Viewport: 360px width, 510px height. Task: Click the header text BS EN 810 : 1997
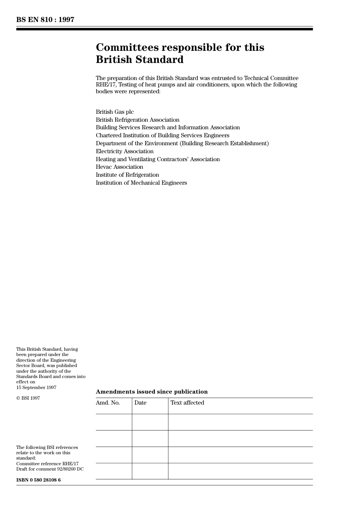[45, 20]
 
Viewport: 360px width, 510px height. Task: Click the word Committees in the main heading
[127, 47]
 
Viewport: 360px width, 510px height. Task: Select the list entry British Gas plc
[114, 112]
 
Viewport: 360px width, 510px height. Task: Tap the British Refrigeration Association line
[138, 120]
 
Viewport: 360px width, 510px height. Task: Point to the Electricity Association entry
[125, 151]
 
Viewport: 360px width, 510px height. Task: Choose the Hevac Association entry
[119, 167]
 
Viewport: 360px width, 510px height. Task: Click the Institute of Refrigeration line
[127, 175]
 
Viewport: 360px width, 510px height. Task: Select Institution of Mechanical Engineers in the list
[141, 183]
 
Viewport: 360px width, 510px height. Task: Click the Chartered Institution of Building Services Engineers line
[163, 135]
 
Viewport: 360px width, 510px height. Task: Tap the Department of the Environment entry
[182, 143]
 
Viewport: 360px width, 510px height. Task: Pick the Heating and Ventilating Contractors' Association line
[158, 159]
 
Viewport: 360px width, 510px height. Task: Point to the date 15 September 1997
[36, 388]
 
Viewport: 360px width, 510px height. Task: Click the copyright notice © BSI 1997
[28, 398]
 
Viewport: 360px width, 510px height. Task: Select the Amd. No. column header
[108, 403]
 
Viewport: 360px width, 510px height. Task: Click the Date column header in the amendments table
[140, 403]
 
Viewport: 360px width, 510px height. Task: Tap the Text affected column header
[187, 403]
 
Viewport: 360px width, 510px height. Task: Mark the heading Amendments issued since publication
[152, 392]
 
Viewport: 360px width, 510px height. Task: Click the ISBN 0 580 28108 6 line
[38, 480]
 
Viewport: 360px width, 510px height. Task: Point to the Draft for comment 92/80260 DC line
[50, 469]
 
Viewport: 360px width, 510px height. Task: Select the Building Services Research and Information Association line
[168, 127]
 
